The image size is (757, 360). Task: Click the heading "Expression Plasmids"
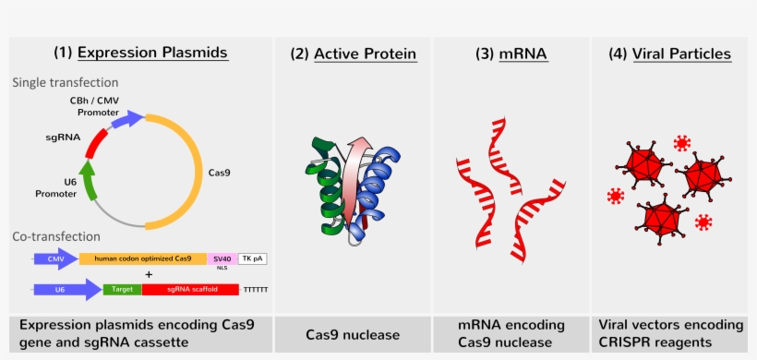coord(152,54)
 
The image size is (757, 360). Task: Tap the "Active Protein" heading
coord(365,54)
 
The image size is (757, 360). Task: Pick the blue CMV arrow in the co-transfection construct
coord(54,259)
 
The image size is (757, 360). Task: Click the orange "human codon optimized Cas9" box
coord(143,259)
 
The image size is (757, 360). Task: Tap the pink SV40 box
coord(222,259)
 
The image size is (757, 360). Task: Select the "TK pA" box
coord(253,259)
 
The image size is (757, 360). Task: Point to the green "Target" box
coord(122,289)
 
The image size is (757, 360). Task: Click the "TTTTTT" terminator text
coord(255,290)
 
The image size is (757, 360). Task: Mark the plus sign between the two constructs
coord(149,274)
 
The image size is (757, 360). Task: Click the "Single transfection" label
coord(65,83)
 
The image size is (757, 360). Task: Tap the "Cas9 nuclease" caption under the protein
coord(353,334)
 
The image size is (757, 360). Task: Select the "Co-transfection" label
coord(55,237)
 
